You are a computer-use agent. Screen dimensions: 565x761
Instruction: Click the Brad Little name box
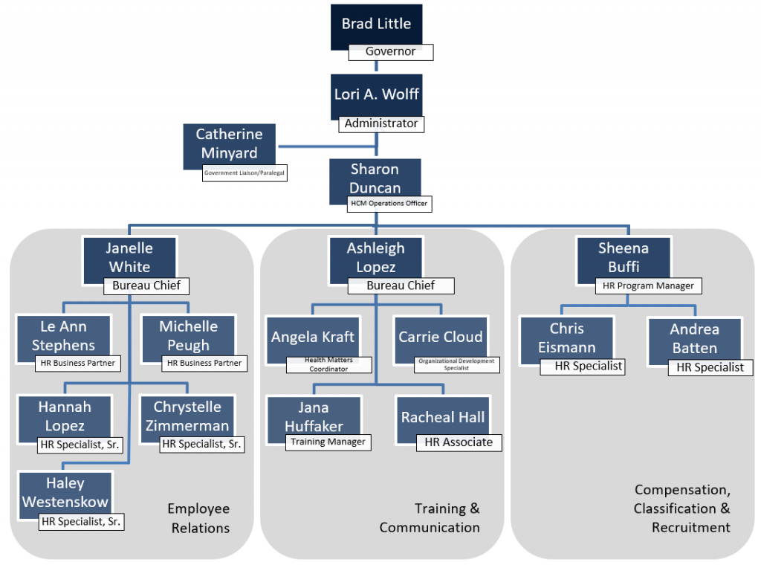tap(376, 25)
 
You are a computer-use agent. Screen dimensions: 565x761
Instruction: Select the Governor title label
tap(391, 52)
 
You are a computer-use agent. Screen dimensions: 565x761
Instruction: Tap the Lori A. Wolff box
tap(376, 95)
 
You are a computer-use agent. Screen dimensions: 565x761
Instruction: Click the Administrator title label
tap(381, 123)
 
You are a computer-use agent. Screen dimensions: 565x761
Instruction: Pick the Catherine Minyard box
tap(229, 144)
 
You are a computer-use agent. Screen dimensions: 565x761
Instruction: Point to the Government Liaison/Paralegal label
tap(245, 174)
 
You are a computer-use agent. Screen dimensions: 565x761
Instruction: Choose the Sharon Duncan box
tap(375, 178)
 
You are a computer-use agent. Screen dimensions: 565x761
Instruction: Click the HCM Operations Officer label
tap(388, 203)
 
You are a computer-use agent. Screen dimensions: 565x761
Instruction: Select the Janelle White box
tap(129, 257)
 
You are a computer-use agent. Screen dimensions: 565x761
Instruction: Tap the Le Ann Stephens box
tap(63, 336)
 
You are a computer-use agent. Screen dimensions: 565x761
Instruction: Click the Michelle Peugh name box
tap(189, 336)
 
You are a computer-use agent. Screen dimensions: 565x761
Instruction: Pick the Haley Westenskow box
tap(65, 493)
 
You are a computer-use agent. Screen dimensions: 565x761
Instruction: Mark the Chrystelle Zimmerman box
tap(187, 416)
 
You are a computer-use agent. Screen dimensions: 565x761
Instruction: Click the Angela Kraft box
tap(312, 338)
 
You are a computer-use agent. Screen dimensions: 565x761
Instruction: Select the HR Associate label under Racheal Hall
tap(459, 442)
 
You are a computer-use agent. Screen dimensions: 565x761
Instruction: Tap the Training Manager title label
tap(328, 442)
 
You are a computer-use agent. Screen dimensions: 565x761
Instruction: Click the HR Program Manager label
tap(649, 285)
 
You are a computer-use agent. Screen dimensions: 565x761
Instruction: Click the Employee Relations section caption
tap(199, 518)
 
